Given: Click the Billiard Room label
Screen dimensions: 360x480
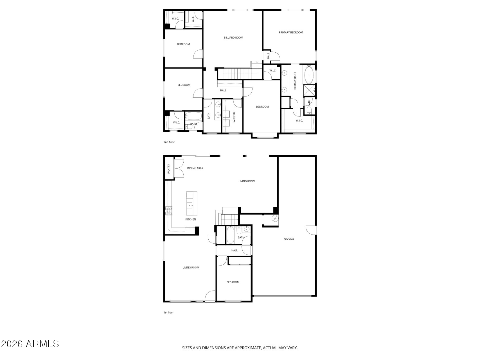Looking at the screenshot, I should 233,37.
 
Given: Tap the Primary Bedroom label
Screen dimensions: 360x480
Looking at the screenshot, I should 291,32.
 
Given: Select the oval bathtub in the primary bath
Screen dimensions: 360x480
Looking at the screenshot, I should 309,75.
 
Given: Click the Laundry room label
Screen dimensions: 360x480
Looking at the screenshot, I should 234,117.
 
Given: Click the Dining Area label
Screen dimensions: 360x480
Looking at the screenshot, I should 195,168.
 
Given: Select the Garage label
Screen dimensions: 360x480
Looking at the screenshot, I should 289,239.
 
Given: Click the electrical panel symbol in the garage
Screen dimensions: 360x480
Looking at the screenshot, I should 275,218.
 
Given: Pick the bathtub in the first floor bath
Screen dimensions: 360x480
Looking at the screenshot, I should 230,235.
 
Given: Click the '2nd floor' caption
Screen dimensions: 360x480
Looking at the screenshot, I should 169,142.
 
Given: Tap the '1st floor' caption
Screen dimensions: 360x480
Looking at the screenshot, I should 169,312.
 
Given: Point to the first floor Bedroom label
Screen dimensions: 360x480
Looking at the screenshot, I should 233,282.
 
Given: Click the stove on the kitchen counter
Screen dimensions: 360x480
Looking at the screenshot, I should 169,211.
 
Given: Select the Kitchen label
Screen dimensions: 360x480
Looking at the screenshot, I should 190,219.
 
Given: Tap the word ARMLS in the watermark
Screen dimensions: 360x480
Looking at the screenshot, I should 42,344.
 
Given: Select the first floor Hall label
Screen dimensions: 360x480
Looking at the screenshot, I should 234,250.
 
